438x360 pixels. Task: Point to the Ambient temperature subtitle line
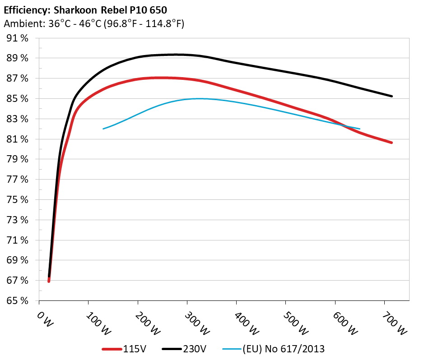(x=93, y=24)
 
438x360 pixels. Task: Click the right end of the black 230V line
(x=391, y=96)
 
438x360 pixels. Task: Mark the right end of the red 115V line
(x=391, y=143)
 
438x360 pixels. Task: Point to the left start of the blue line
(x=103, y=129)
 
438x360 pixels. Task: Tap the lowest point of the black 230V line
(x=49, y=277)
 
